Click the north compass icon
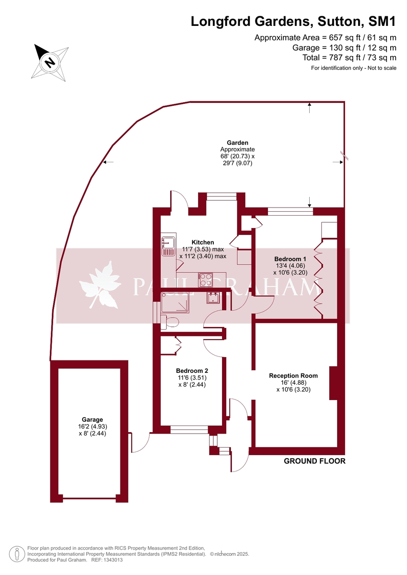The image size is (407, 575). tap(49, 61)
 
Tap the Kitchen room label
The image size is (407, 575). tap(203, 242)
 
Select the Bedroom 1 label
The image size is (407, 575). tap(290, 259)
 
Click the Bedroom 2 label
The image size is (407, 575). tap(192, 371)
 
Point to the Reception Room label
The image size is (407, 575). tap(293, 376)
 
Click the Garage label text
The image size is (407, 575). tap(92, 420)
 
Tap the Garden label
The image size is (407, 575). tap(237, 143)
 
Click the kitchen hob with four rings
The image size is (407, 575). tap(206, 279)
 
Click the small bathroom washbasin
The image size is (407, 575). tap(213, 298)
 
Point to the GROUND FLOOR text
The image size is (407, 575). tap(314, 461)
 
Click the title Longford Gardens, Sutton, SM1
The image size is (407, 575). tap(293, 22)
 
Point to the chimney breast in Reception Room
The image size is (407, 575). tap(334, 383)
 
